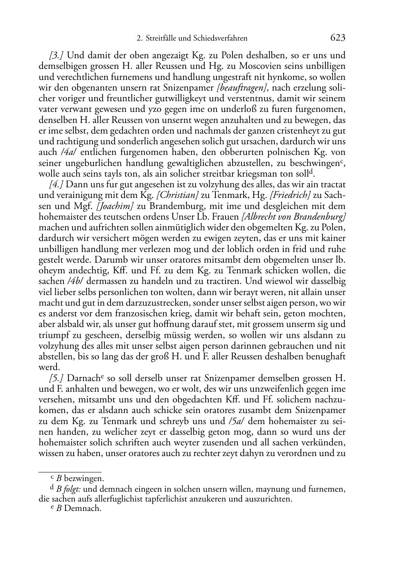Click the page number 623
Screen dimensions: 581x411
click(x=338, y=38)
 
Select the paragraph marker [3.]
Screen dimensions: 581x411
click(x=56, y=55)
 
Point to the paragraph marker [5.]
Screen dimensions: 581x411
click(x=56, y=378)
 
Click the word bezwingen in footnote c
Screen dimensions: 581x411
click(x=84, y=478)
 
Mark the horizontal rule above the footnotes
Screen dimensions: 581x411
click(x=70, y=472)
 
